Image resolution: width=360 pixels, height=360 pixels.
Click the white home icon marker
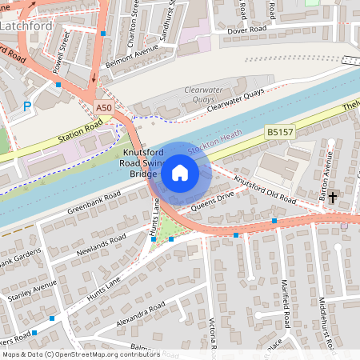[x=180, y=172]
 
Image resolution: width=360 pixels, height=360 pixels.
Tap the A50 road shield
[x=103, y=107]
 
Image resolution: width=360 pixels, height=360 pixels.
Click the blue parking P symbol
[x=27, y=106]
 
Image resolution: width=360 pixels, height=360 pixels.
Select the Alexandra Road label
[x=141, y=311]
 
